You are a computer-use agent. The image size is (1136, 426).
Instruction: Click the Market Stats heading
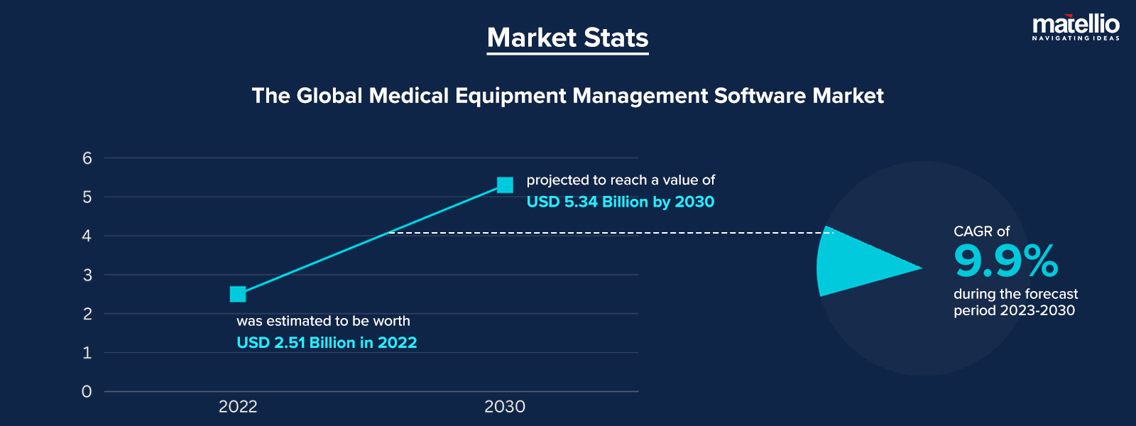[x=567, y=38]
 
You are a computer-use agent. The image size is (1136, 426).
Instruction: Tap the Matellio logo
[x=1075, y=28]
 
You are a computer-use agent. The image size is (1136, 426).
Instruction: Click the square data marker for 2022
[x=238, y=294]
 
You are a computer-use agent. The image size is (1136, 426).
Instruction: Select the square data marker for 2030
[x=505, y=185]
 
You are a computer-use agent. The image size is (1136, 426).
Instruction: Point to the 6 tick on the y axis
[x=87, y=158]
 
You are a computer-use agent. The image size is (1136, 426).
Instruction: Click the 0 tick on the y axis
[x=87, y=391]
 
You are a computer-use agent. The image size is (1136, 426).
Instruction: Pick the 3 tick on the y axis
[x=87, y=275]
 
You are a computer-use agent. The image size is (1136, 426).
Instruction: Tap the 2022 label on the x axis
[x=238, y=407]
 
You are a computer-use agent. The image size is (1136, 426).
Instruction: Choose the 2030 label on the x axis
[x=505, y=407]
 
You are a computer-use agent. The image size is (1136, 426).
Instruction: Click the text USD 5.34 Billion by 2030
[x=620, y=202]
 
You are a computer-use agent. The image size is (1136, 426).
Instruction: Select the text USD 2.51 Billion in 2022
[x=327, y=342]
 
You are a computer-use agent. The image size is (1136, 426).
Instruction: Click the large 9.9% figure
[x=1005, y=261]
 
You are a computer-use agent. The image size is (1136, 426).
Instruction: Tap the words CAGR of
[x=981, y=231]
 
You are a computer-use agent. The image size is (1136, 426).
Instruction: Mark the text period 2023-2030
[x=1014, y=310]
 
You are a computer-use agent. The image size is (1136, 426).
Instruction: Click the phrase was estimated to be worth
[x=323, y=321]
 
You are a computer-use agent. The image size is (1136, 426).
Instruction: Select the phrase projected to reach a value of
[x=621, y=180]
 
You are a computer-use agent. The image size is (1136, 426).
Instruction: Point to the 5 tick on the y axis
[x=87, y=197]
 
